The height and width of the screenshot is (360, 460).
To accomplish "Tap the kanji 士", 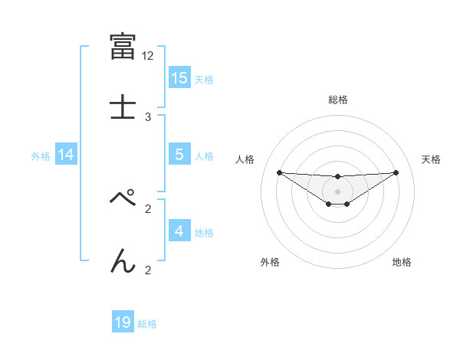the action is [x=123, y=106].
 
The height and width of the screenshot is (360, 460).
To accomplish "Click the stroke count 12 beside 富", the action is [x=148, y=56].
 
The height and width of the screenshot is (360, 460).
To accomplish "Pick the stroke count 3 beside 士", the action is [x=148, y=116].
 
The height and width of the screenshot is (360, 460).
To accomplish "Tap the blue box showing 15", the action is [x=179, y=78].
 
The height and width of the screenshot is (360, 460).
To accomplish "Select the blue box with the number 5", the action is [x=179, y=155].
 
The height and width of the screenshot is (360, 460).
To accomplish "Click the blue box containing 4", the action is [x=179, y=231].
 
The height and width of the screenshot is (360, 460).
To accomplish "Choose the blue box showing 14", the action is [x=66, y=155].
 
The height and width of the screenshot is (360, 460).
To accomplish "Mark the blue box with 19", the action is [x=123, y=322].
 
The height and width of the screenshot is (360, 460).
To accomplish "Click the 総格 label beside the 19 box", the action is [x=147, y=324].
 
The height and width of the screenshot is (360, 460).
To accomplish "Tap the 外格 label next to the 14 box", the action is [x=41, y=156].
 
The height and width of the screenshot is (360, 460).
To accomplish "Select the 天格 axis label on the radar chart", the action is [x=431, y=159].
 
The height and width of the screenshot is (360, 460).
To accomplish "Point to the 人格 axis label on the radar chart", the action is [x=245, y=159].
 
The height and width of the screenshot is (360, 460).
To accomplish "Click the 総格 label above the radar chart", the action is [x=337, y=100].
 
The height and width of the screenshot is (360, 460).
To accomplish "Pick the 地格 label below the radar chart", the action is [x=402, y=263].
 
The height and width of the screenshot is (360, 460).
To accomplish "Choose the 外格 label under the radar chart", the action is [x=270, y=263].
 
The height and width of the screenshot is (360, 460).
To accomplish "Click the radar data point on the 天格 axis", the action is [x=396, y=172].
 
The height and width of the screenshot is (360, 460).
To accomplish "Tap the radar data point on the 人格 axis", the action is [x=279, y=172].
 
